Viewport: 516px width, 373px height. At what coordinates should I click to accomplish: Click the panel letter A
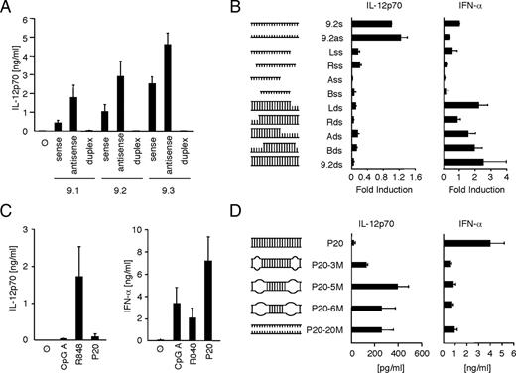click(x=7, y=9)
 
